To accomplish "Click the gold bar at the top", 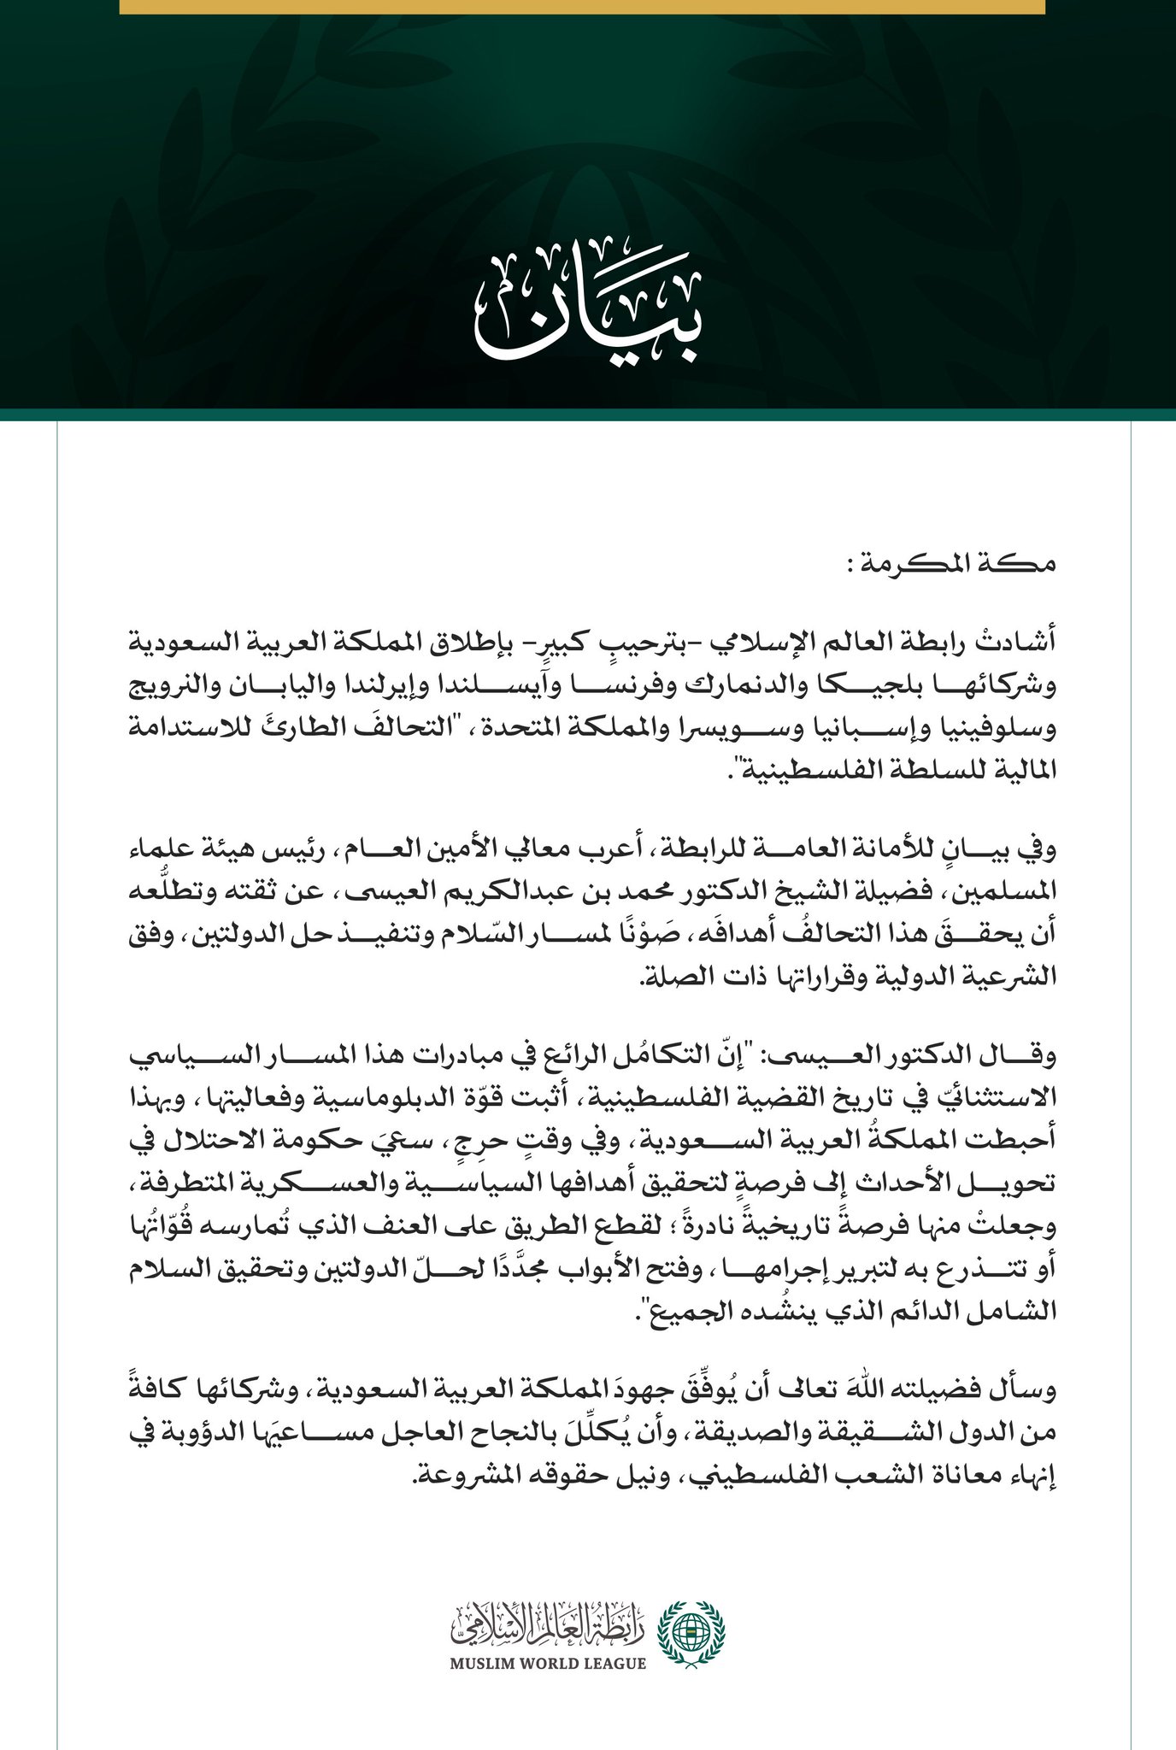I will click(581, 7).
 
